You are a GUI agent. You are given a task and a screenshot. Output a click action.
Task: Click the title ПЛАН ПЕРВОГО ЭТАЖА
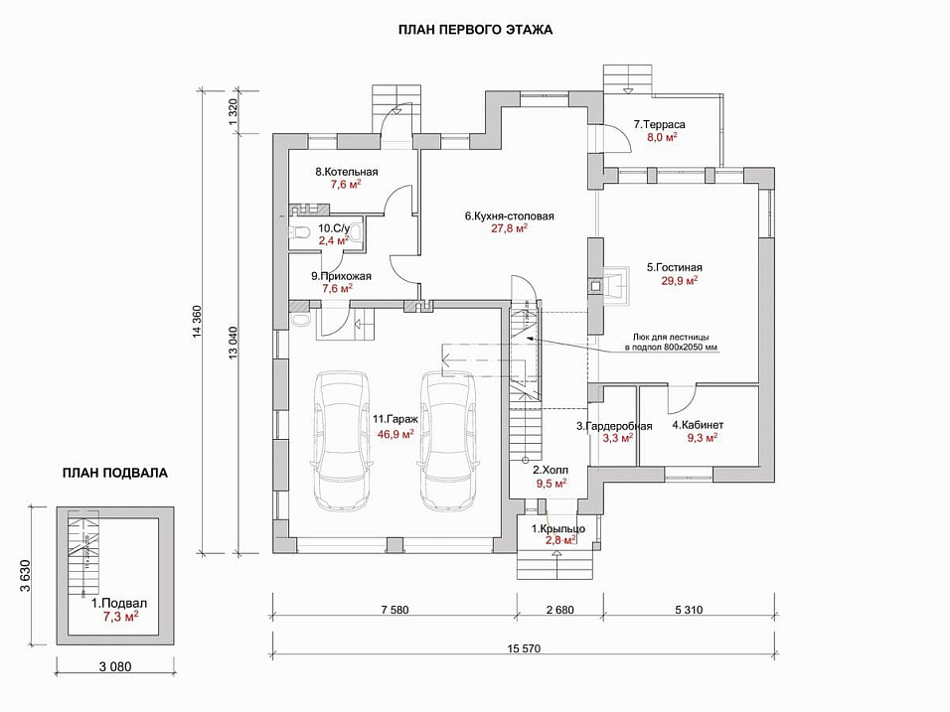[475, 30]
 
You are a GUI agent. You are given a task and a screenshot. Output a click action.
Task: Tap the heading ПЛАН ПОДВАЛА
[114, 473]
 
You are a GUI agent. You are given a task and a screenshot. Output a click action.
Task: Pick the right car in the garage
[448, 438]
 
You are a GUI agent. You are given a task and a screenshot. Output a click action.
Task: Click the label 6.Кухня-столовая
[509, 215]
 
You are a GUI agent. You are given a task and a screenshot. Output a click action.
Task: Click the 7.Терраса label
[661, 125]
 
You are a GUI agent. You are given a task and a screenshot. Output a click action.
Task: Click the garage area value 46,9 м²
[395, 433]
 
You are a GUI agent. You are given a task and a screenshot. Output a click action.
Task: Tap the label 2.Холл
[550, 470]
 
